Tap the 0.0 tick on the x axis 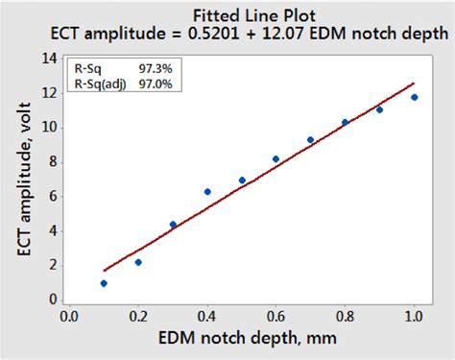click(x=69, y=315)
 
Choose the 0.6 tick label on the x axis click(x=276, y=315)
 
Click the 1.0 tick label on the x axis click(x=414, y=315)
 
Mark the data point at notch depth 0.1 click(x=104, y=283)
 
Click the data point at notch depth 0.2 click(x=138, y=262)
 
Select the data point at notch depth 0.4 click(x=207, y=192)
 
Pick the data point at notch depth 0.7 click(x=310, y=140)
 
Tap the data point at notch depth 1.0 click(x=414, y=97)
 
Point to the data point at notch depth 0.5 click(x=242, y=180)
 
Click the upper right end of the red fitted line click(x=414, y=84)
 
